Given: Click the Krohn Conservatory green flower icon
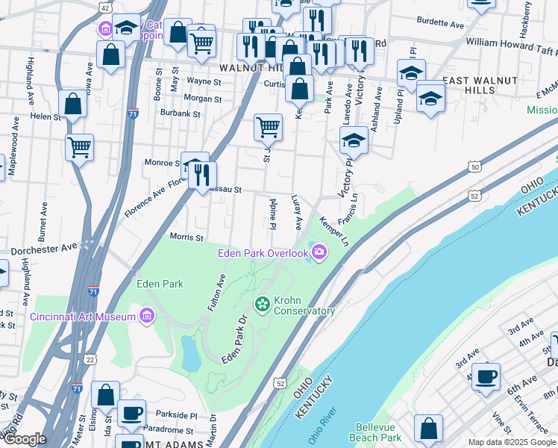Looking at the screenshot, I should (x=262, y=304).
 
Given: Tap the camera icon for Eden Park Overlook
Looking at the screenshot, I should (x=319, y=252).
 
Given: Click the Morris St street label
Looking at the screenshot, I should (x=187, y=238).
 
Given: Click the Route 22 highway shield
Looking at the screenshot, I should (x=90, y=359).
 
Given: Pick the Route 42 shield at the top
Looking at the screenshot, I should (x=105, y=7).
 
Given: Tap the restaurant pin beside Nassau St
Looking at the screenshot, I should (x=202, y=175).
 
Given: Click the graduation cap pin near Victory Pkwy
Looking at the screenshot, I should (x=354, y=139).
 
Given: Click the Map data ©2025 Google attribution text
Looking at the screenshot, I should (x=512, y=442).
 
